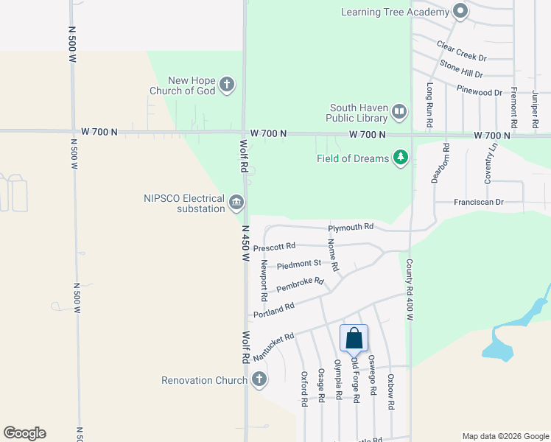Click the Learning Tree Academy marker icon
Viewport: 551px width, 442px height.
tap(460, 11)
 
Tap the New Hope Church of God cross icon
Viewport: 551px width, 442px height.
tap(227, 85)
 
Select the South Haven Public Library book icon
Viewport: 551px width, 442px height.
tap(399, 112)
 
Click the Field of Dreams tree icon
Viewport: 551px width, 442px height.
tap(401, 158)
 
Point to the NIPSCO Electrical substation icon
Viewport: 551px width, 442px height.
tap(236, 203)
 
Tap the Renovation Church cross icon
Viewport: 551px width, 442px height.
tap(259, 380)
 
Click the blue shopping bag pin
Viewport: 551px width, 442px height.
tap(354, 338)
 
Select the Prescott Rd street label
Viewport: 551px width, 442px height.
tap(274, 247)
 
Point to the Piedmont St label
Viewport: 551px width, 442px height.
tap(299, 264)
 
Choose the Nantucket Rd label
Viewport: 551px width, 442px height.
tap(273, 347)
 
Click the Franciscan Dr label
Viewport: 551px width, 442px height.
tap(479, 202)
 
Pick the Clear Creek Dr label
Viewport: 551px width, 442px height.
tap(462, 52)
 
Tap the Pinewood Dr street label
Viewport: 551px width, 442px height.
tap(480, 93)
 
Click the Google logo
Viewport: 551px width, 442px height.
tap(24, 433)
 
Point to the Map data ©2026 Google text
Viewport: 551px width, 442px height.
tap(505, 436)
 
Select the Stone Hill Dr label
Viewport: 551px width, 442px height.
tap(461, 69)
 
